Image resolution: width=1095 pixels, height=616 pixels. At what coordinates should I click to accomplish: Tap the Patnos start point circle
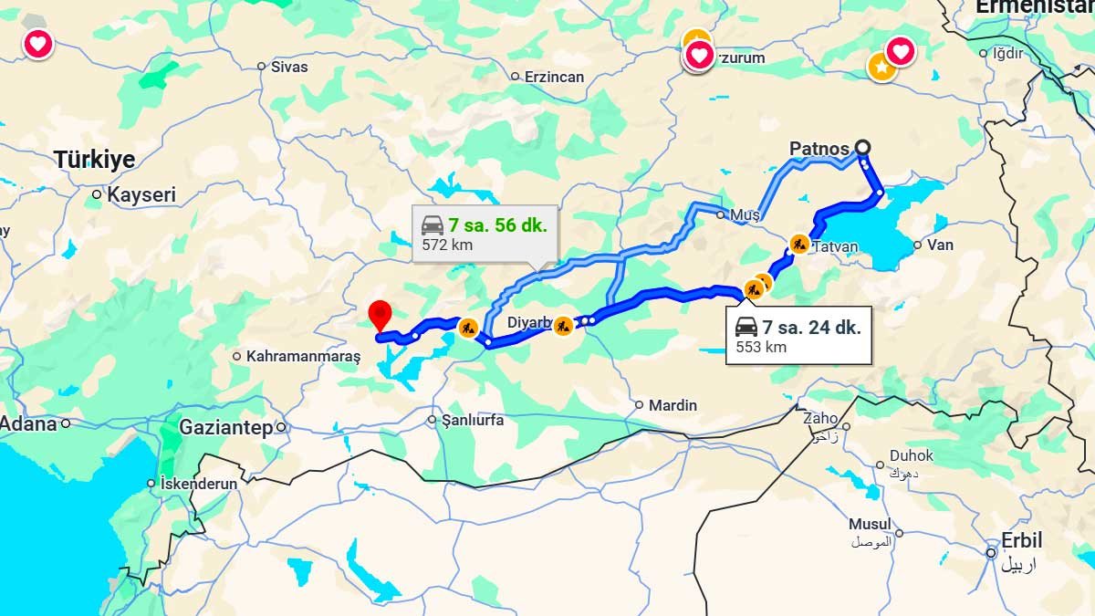point(862,147)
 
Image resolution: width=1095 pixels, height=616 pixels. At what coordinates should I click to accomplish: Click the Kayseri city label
point(141,194)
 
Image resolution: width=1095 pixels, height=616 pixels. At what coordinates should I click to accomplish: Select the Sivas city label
point(289,67)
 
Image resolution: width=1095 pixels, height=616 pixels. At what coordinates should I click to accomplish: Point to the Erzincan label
point(554,77)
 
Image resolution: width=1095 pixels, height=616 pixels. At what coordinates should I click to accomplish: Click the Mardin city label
point(673,404)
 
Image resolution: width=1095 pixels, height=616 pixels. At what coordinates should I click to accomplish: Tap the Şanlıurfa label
point(472,421)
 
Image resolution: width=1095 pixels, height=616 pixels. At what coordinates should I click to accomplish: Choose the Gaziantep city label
point(225,427)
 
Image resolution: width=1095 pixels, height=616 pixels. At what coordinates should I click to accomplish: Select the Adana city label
point(27,424)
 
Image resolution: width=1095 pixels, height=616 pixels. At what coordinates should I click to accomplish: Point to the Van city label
point(940,245)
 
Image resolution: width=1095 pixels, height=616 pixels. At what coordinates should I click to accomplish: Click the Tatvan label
point(834,247)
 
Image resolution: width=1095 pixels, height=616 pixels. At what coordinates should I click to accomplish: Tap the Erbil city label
point(1022,540)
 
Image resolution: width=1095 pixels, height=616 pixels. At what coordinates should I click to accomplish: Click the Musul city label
point(869,525)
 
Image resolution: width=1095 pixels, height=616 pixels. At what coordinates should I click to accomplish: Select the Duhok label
point(912,455)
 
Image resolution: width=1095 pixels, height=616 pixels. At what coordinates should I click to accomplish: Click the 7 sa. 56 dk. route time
point(497,225)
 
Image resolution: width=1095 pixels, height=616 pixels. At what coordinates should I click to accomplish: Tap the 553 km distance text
point(763,347)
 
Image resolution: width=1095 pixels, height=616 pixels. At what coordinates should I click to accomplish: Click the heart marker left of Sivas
point(37,43)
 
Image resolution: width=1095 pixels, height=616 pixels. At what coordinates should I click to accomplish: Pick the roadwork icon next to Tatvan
point(799,244)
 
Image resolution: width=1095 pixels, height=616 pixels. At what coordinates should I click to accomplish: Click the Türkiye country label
point(94,160)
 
